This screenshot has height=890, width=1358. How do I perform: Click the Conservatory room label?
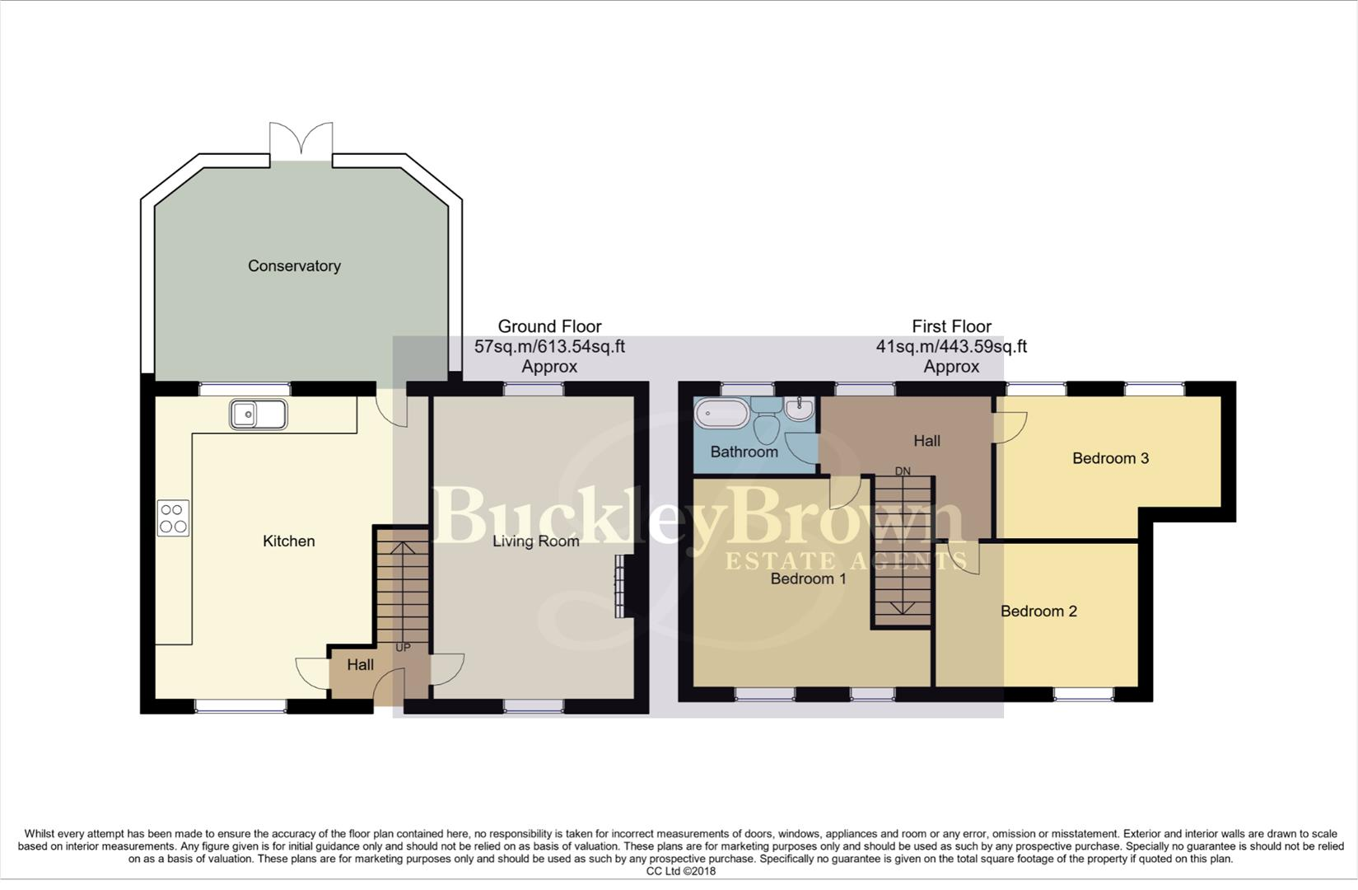pyautogui.click(x=294, y=266)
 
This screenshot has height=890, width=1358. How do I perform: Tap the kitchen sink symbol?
pyautogui.click(x=259, y=415)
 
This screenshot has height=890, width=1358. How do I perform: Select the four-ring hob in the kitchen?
pyautogui.click(x=173, y=518)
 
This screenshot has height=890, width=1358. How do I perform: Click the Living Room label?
pyautogui.click(x=536, y=541)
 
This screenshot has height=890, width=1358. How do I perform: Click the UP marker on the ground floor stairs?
pyautogui.click(x=403, y=648)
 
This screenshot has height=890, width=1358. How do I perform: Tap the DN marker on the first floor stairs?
pyautogui.click(x=903, y=471)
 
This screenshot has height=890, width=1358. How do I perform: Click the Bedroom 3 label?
pyautogui.click(x=1110, y=458)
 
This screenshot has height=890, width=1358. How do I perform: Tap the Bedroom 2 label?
pyautogui.click(x=1038, y=611)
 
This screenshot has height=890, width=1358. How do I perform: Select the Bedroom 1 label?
pyautogui.click(x=808, y=579)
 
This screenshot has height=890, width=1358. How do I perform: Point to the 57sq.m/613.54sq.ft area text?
pyautogui.click(x=549, y=347)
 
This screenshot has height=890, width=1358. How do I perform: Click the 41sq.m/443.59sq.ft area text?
pyautogui.click(x=951, y=347)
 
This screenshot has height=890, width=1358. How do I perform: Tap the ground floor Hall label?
pyautogui.click(x=360, y=665)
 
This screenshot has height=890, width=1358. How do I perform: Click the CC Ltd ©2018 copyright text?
pyautogui.click(x=680, y=871)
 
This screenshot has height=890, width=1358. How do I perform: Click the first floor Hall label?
pyautogui.click(x=926, y=441)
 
